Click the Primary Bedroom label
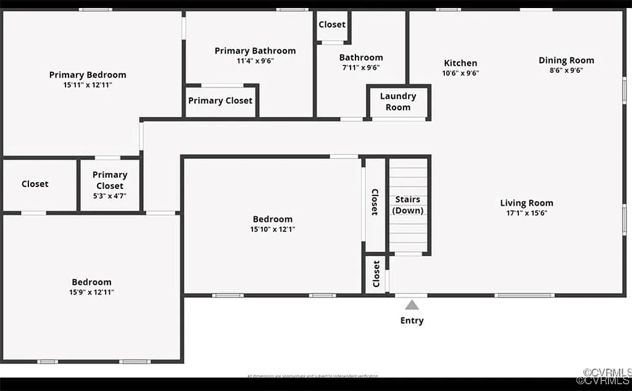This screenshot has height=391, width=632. [88, 75]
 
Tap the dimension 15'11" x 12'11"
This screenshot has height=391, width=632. [88, 85]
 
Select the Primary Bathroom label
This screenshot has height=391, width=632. [255, 51]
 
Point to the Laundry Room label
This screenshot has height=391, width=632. [398, 101]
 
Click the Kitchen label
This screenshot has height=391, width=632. [460, 63]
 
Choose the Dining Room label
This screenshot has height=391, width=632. [567, 61]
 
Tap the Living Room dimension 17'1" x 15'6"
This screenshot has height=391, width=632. [526, 213]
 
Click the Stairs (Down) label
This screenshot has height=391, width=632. [408, 204]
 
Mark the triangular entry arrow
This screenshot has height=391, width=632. [412, 305]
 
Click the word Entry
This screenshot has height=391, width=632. [412, 321]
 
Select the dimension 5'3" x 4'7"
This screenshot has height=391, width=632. [110, 196]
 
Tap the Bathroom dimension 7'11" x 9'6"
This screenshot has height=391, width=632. [361, 68]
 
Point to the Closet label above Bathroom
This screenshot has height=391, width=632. [332, 25]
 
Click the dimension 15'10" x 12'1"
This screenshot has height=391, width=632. [272, 229]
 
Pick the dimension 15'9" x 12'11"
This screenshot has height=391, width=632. [91, 292]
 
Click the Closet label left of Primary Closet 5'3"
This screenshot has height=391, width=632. [35, 184]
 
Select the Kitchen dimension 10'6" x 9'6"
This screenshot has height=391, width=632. [460, 73]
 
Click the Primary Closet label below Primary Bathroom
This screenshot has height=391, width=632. [220, 101]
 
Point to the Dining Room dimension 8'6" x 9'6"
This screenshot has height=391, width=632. [567, 70]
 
